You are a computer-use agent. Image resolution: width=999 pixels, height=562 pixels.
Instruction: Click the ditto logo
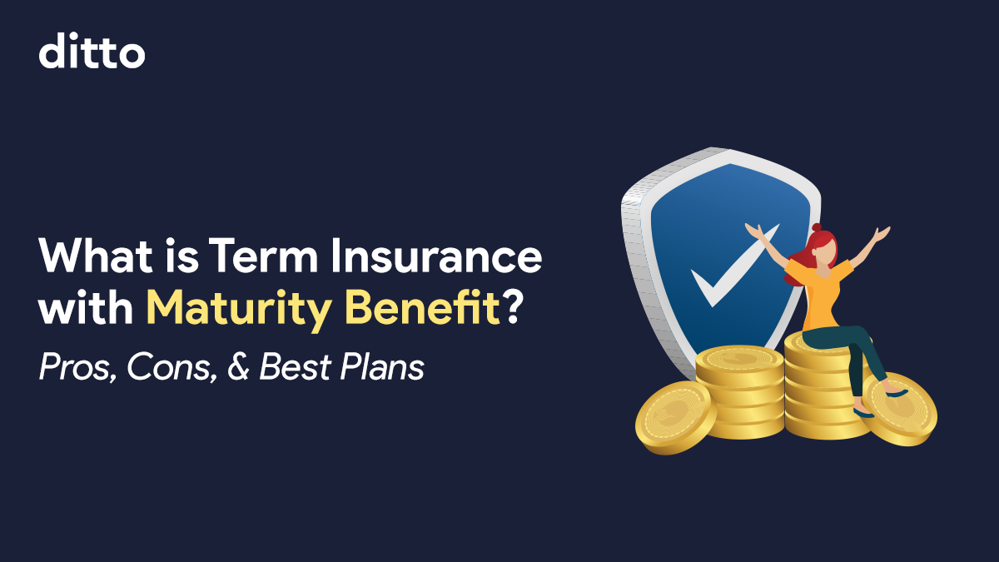click(92, 51)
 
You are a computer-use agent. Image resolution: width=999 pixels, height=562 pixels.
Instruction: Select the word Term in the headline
click(263, 256)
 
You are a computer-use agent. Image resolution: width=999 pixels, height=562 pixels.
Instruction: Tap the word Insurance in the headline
click(436, 256)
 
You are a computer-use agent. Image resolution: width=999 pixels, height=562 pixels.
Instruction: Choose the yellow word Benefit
click(423, 307)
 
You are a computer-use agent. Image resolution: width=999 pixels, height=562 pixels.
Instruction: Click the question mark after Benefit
click(511, 307)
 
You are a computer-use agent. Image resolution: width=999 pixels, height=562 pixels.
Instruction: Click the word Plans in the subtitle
click(382, 366)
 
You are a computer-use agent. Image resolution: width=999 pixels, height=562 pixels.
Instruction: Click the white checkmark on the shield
click(735, 266)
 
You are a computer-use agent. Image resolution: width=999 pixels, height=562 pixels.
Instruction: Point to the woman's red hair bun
click(817, 227)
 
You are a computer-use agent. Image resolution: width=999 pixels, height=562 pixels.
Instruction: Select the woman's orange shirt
click(820, 293)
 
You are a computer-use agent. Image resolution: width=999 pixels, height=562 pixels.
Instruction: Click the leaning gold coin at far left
click(675, 418)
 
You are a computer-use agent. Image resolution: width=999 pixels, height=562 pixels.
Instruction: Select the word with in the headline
click(86, 307)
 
